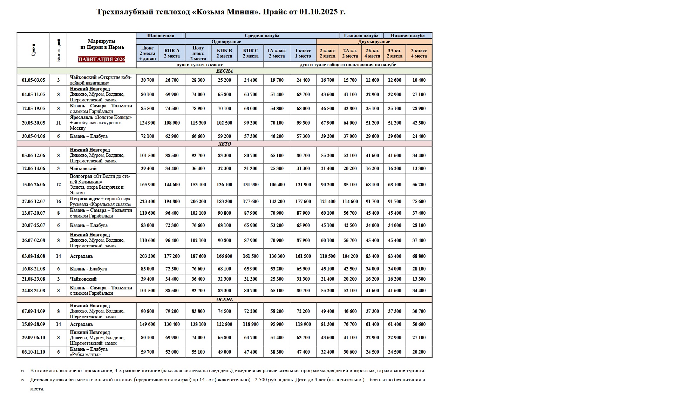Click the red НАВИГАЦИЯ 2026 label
tap(101, 59)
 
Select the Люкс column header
tap(147, 53)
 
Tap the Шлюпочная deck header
tap(161, 35)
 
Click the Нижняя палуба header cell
tap(407, 35)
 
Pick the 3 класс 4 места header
tap(419, 53)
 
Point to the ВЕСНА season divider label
tap(224, 71)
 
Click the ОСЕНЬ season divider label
tap(224, 300)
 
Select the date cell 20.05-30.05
tap(33, 123)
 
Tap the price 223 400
tap(147, 201)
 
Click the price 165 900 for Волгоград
tap(147, 185)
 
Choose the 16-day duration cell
tap(58, 201)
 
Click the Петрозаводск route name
tap(84, 199)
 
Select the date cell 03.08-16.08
tap(33, 256)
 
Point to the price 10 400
tap(419, 80)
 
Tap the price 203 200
tap(147, 256)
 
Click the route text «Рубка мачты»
tap(85, 355)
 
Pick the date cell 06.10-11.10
tap(33, 352)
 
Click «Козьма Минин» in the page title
tap(226, 12)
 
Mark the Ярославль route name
tap(81, 118)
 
